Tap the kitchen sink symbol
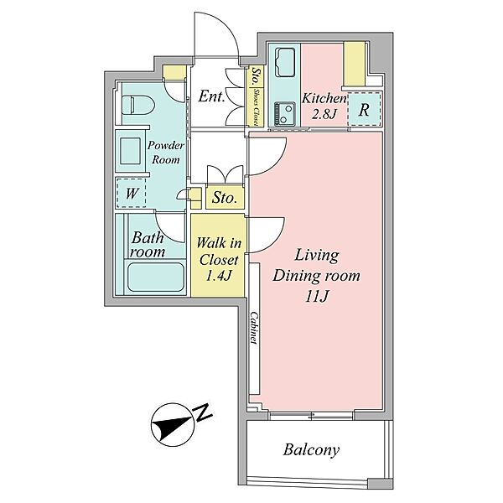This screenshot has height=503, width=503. point(285,62)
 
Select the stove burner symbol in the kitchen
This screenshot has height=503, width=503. point(284,113)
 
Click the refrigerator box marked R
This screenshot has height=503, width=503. point(364,109)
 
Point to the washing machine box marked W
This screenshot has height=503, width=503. point(132,193)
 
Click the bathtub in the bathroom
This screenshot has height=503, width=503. point(156,277)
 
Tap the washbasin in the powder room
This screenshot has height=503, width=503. point(130,151)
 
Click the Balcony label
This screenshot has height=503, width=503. point(311,449)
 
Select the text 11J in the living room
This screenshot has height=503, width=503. point(317,297)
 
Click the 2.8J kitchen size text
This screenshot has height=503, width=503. point(324,113)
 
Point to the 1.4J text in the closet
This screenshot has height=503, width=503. point(218,275)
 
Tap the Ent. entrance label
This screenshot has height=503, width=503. point(211,96)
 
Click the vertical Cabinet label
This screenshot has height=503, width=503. point(254,328)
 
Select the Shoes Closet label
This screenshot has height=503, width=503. point(256,106)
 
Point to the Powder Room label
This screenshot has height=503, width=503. point(165,153)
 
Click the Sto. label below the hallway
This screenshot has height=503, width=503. point(225,198)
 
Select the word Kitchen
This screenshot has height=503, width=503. point(324,98)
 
